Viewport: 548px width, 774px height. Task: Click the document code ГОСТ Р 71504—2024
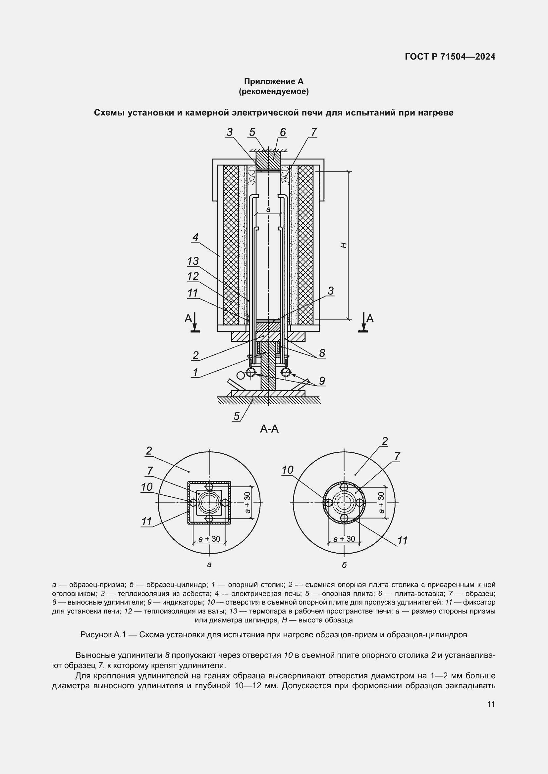tap(450, 57)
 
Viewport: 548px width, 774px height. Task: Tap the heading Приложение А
tap(274, 81)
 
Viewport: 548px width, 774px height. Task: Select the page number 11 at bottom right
tap(491, 704)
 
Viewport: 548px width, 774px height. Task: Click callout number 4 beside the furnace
tap(195, 237)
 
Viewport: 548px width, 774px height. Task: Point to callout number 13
tap(193, 261)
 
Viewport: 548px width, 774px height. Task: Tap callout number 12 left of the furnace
tap(193, 276)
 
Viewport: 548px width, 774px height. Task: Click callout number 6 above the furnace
tap(283, 132)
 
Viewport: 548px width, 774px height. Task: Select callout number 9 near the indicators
tap(322, 381)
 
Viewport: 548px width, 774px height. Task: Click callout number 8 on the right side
tap(322, 353)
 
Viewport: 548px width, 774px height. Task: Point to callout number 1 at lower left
tap(195, 373)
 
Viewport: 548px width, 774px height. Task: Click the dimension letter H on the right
tap(344, 246)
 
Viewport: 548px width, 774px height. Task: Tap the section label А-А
tap(269, 429)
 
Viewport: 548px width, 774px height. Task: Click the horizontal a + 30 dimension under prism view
tap(209, 539)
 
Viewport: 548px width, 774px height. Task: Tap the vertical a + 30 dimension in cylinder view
tap(381, 503)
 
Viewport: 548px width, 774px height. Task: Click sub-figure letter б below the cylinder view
tap(344, 565)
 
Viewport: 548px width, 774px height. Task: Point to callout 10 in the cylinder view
tap(287, 470)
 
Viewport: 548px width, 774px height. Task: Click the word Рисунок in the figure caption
tap(96, 635)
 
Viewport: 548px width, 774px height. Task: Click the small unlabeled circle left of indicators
tap(240, 375)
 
